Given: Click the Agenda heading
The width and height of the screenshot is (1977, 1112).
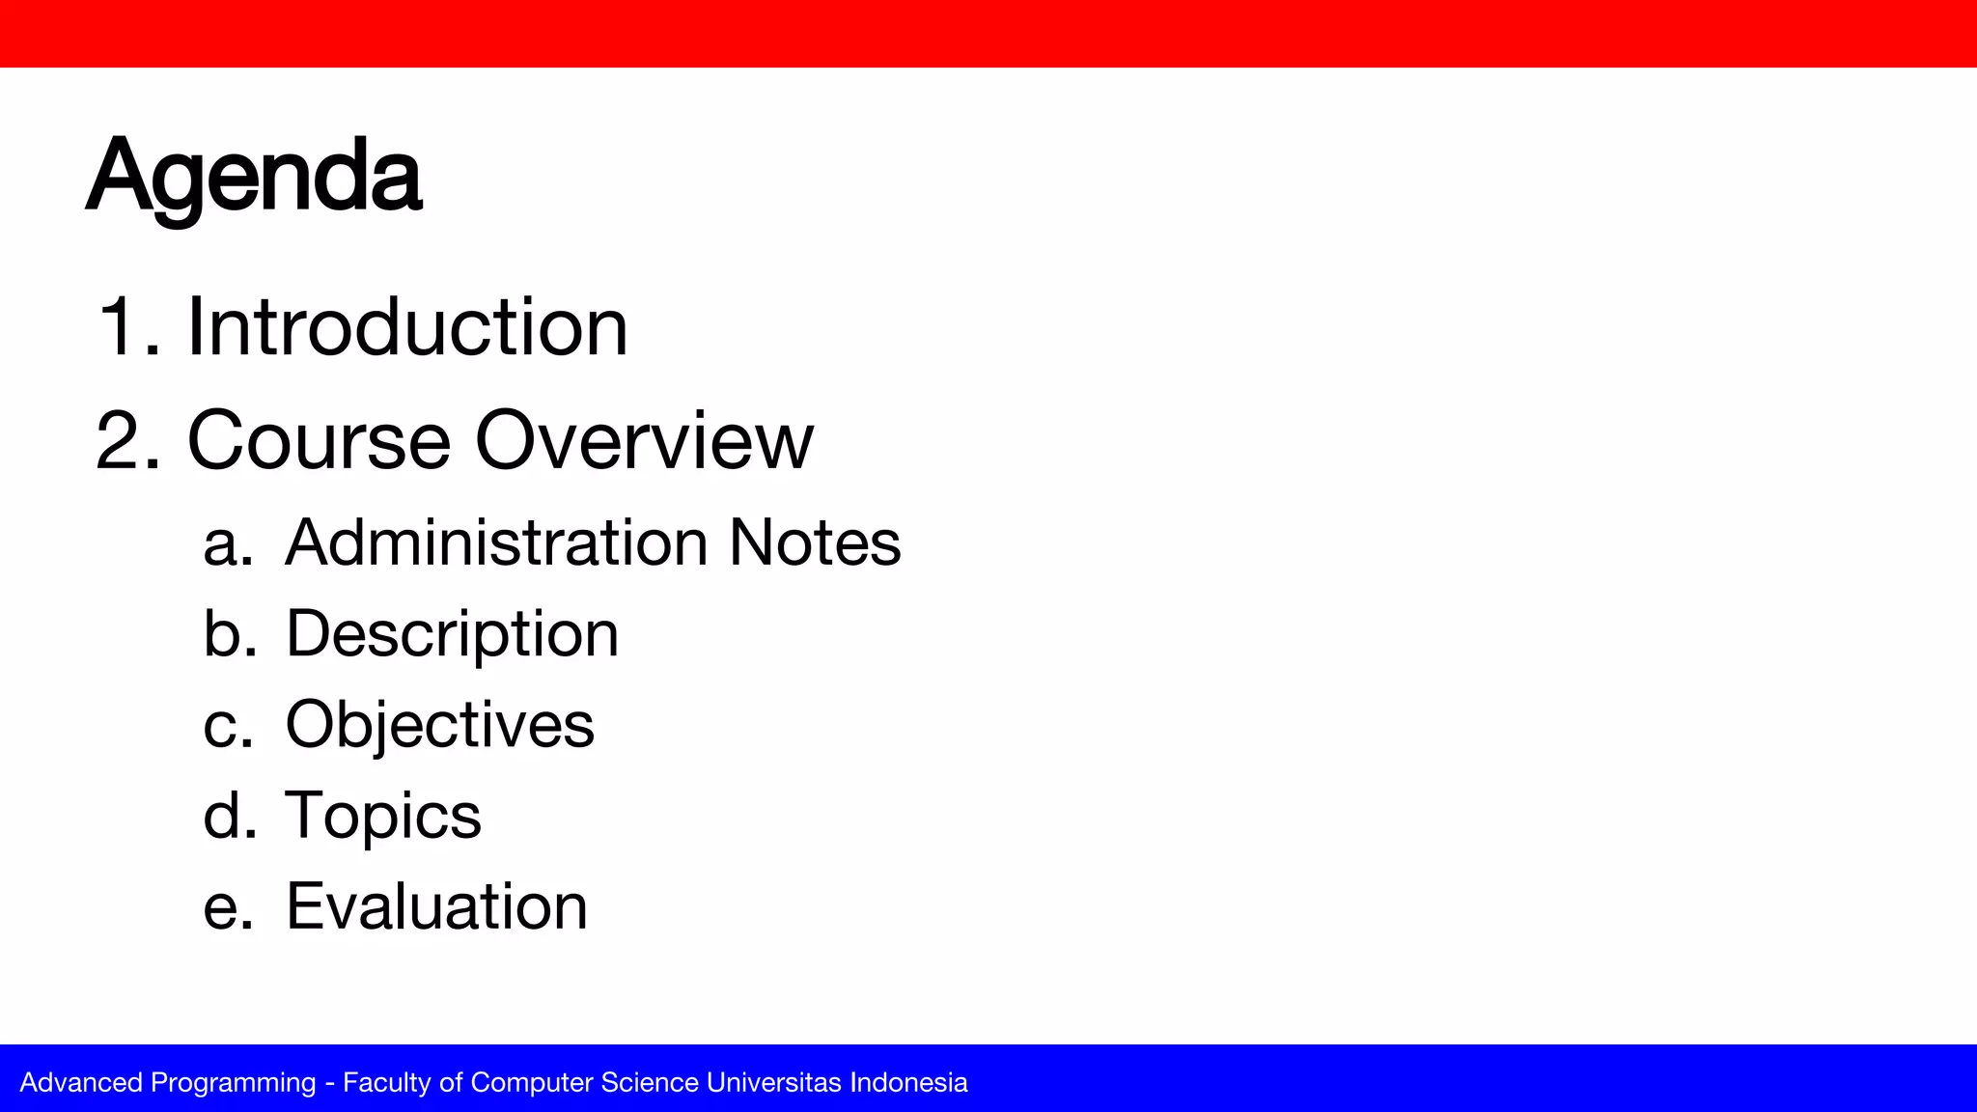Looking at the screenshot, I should click(254, 177).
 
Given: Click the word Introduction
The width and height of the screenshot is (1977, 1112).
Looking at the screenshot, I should click(406, 328).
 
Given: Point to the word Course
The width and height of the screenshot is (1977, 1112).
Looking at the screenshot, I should click(319, 441).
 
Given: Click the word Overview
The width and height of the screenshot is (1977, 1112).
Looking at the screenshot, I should click(644, 441).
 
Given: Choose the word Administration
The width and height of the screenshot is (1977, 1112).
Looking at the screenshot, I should click(497, 542).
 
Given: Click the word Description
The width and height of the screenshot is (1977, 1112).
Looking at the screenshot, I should click(452, 635).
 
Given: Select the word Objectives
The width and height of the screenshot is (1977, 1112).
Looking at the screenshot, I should click(439, 725).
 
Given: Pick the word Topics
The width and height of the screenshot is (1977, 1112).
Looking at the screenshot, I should click(382, 817).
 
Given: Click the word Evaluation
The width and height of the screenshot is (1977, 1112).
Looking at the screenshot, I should click(436, 907).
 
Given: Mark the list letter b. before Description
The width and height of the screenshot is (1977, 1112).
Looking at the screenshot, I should click(228, 634).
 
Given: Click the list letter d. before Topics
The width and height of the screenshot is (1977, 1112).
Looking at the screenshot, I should click(228, 816).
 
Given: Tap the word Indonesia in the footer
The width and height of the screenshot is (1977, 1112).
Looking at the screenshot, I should click(908, 1082).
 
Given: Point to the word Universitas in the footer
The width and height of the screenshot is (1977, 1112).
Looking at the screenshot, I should click(774, 1082).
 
